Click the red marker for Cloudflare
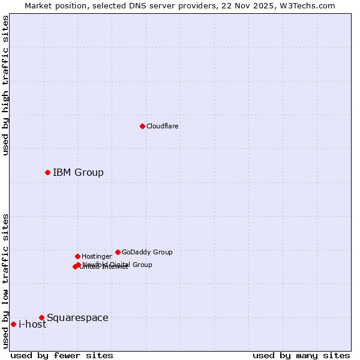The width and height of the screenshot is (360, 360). click(x=142, y=126)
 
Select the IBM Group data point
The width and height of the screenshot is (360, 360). click(x=47, y=172)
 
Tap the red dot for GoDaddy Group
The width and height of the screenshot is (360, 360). click(x=118, y=252)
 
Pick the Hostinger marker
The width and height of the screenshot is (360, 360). click(x=77, y=256)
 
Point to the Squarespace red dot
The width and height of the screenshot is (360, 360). click(x=41, y=317)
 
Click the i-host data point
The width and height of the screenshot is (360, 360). click(x=13, y=324)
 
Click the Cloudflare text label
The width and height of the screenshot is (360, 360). click(x=162, y=126)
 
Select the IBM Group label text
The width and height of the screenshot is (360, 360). click(x=78, y=173)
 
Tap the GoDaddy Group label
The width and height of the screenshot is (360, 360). click(x=147, y=252)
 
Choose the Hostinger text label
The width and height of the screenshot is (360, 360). click(x=97, y=256)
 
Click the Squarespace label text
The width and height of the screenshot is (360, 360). click(x=77, y=318)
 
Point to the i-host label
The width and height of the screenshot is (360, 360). click(x=32, y=325)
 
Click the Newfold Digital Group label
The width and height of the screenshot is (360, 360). click(x=118, y=265)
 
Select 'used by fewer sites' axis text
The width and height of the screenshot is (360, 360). click(x=62, y=355)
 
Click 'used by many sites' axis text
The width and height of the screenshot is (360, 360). click(x=301, y=355)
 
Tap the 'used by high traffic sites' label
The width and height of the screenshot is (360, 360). click(x=6, y=85)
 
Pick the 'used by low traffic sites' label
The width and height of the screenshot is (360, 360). click(x=6, y=281)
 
